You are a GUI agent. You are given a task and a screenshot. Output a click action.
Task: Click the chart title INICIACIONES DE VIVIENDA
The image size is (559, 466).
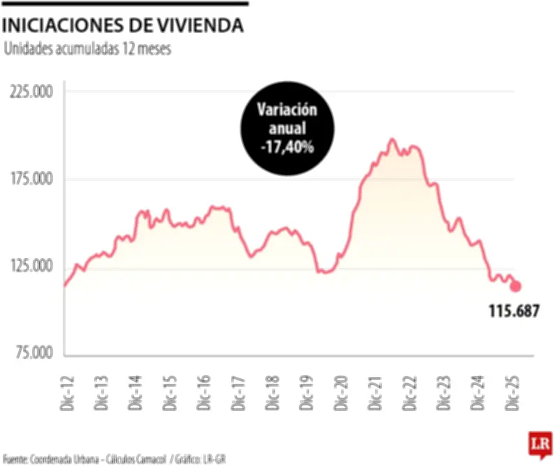pos(124,26)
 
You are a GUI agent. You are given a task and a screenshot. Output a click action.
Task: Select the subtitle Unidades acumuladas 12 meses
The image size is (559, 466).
pos(87,50)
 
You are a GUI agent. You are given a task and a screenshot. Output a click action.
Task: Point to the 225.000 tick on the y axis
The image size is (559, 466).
pos(34,92)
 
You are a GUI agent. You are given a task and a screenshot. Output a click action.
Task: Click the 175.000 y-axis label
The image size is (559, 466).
pos(34,179)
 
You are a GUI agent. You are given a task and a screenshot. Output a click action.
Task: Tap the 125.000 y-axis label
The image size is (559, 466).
pos(34,266)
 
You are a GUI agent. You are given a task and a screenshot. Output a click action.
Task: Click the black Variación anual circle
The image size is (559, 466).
pos(286,129)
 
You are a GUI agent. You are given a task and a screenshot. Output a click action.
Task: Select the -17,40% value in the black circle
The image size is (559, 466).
pos(286,148)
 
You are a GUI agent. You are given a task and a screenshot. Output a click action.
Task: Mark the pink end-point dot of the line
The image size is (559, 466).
pos(516,285)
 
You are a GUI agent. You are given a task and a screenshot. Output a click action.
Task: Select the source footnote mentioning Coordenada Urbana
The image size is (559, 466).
pos(115,459)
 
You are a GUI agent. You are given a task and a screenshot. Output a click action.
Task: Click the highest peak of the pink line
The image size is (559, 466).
pos(391,140)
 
